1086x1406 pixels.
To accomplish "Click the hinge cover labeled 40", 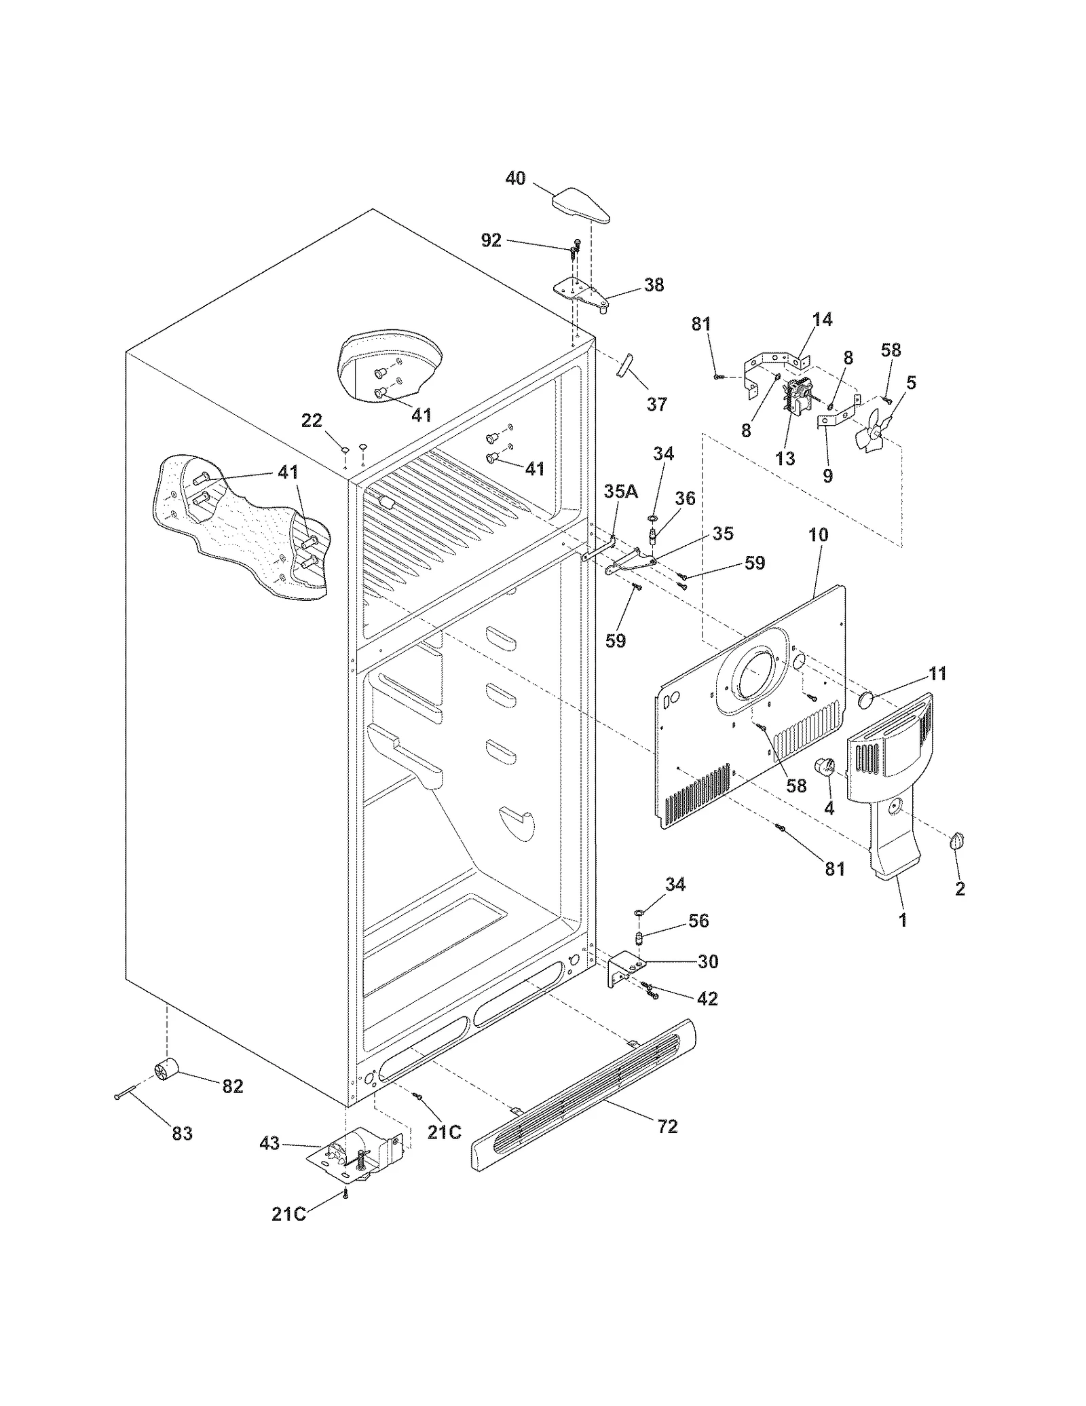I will tap(580, 207).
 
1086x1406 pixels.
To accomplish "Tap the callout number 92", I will tap(491, 240).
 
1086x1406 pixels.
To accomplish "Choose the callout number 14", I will tap(822, 319).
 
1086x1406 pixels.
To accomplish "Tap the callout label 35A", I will tap(620, 492).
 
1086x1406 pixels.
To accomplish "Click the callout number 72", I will tap(667, 1126).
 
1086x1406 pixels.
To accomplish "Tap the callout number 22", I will tap(312, 421).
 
